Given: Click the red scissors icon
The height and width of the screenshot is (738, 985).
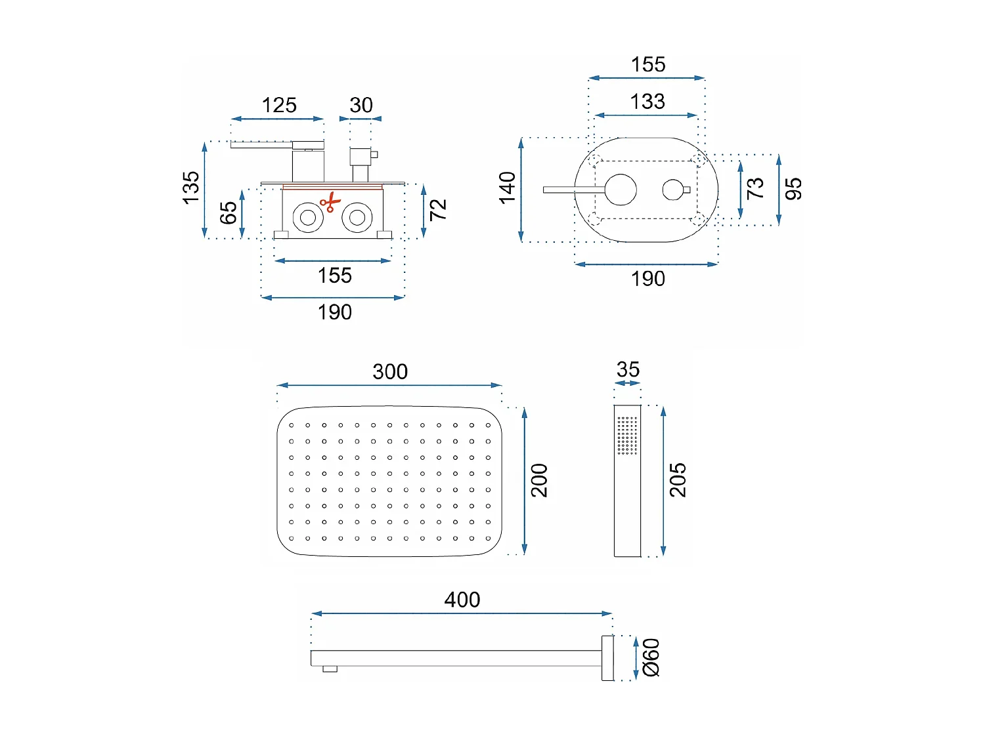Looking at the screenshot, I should (x=330, y=202).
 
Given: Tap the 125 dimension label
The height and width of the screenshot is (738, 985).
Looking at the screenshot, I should (x=279, y=105).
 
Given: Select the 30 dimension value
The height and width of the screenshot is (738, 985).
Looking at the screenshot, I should (x=361, y=105).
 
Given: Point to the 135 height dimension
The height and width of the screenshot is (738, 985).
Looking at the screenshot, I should (x=190, y=188).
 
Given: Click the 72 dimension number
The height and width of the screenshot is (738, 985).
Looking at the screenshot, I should (x=438, y=210).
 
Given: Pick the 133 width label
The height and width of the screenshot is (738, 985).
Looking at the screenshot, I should (x=647, y=102).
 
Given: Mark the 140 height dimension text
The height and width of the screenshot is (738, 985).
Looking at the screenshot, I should (x=508, y=188).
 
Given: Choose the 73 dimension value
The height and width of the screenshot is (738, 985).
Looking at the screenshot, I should (x=755, y=188).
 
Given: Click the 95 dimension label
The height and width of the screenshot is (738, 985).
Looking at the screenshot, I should (x=793, y=189).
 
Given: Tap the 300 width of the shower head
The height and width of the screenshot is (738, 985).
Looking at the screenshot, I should (x=390, y=371).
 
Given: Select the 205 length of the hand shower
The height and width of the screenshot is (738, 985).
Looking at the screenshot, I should (x=678, y=480).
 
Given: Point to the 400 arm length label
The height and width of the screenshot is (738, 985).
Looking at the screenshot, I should (x=462, y=600).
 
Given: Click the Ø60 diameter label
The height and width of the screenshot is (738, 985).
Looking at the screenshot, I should (x=651, y=657).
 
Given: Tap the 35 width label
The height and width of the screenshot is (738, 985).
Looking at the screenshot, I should (x=628, y=370).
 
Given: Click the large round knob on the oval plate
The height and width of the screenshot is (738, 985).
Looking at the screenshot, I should (x=621, y=190).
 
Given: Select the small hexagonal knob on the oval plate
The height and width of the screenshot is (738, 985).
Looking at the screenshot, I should (x=673, y=190).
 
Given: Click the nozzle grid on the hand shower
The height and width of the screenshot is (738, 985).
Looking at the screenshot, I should (x=627, y=435).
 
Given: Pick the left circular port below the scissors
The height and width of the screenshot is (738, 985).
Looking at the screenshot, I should (x=308, y=217).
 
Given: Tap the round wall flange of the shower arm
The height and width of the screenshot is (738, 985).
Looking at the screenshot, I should (x=607, y=657).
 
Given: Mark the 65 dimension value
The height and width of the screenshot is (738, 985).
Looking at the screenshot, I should (x=228, y=213).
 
